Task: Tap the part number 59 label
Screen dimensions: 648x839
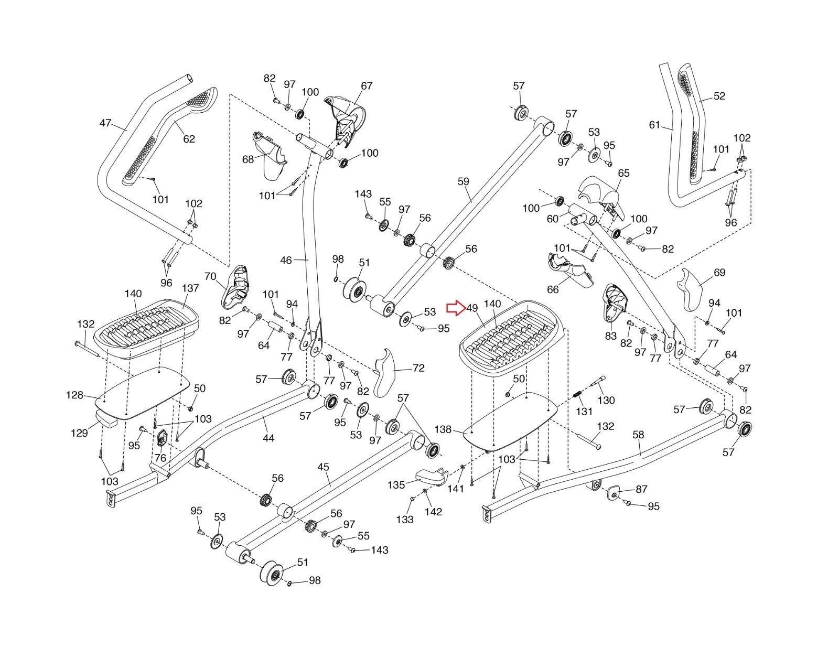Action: tap(463, 182)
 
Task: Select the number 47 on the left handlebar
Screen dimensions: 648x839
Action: tap(105, 123)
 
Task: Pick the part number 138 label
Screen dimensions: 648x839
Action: tap(443, 429)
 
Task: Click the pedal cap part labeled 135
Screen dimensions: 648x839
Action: tap(430, 476)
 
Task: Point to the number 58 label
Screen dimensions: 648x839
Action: tap(638, 435)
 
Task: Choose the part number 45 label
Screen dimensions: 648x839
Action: tap(324, 466)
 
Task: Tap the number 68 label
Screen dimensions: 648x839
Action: tap(248, 158)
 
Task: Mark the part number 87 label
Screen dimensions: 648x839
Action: tap(641, 489)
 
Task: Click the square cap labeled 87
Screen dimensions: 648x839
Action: tap(612, 492)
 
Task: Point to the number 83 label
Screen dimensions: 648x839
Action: tap(610, 336)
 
